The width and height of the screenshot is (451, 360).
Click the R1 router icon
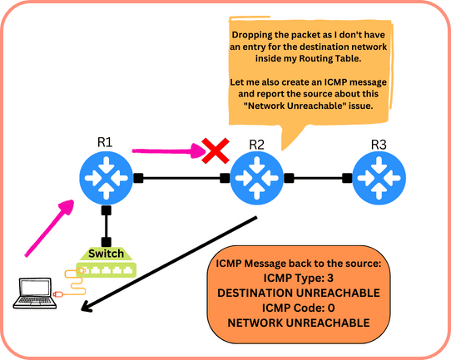click(107, 178)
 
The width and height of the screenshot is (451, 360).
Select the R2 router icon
click(257, 178)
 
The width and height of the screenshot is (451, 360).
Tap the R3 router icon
click(379, 178)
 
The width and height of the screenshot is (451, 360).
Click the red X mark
click(216, 150)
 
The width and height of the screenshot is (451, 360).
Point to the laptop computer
click(35, 293)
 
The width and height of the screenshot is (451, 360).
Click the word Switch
click(107, 254)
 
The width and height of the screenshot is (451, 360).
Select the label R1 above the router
click(105, 142)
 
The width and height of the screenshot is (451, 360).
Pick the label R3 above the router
click(379, 145)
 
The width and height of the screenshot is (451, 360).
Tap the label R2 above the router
click(256, 145)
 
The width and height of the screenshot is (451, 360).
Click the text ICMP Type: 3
click(299, 279)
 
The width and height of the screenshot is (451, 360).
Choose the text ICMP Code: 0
click(299, 308)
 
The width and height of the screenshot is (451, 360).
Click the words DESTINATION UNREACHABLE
click(299, 293)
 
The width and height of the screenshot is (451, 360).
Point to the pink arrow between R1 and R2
click(169, 150)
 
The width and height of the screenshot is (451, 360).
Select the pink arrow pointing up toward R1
click(49, 228)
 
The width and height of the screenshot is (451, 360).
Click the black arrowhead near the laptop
click(87, 307)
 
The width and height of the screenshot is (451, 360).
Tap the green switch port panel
click(107, 270)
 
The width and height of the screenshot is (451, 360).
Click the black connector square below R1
click(107, 210)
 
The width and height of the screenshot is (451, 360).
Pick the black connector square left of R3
click(347, 178)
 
